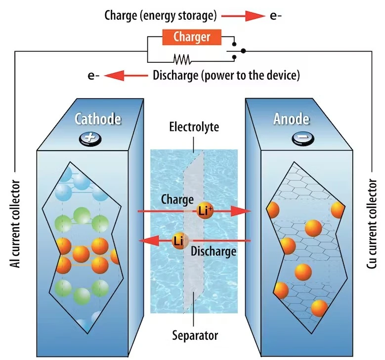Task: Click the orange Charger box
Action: [x=192, y=37]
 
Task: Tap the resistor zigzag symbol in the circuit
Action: [x=182, y=59]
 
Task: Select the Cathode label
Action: [x=97, y=119]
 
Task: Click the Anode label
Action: [x=291, y=119]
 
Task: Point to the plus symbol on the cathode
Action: [x=90, y=138]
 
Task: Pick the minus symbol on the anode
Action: [x=301, y=138]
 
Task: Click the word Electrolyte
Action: [x=193, y=128]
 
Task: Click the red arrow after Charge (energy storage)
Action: [x=243, y=16]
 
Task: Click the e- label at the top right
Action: [x=276, y=15]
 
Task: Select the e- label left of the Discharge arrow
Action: [x=93, y=76]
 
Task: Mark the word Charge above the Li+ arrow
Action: [x=177, y=200]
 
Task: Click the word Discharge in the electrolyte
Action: [x=213, y=251]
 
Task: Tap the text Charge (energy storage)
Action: [x=161, y=15]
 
